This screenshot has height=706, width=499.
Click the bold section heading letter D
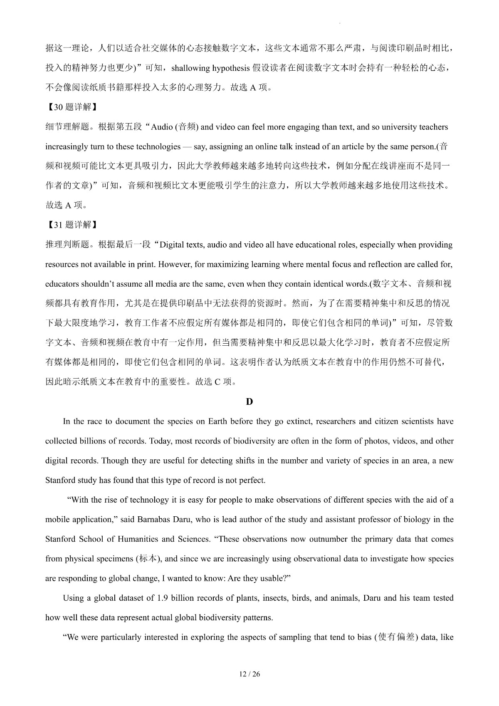coord(249,401)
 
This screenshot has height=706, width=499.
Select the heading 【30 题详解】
coord(71,107)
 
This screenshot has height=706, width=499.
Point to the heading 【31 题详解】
coord(71,225)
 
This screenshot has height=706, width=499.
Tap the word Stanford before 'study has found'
coord(61,480)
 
